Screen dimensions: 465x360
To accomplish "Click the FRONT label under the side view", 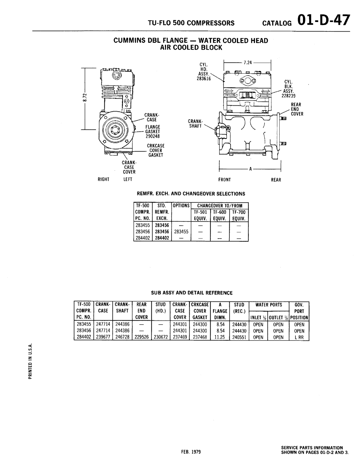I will tap(225, 180).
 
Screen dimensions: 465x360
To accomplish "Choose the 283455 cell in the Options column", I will tap(181, 231).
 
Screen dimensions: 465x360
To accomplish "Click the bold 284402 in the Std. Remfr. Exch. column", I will tap(162, 238).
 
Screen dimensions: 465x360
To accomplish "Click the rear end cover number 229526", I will tap(142, 337).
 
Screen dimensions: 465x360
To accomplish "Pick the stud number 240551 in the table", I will tap(239, 337).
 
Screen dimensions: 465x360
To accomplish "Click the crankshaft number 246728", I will tap(122, 337).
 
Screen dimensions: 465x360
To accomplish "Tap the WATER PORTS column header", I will tap(269, 305).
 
